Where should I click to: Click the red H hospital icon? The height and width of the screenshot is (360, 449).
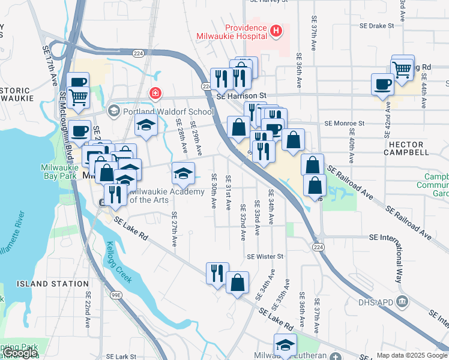point(276,31)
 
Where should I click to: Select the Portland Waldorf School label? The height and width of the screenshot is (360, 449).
point(168,112)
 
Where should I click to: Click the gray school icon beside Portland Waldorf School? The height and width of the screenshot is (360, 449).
point(113,111)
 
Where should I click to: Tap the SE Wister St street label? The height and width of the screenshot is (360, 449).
point(265,256)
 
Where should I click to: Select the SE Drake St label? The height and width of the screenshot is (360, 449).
point(376,26)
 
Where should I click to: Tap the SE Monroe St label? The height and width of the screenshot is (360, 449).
point(344,123)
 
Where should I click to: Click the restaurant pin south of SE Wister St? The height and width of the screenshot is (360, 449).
point(217,272)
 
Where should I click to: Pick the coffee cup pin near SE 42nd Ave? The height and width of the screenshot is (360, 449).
point(382,84)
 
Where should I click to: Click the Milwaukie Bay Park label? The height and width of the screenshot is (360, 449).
point(59,172)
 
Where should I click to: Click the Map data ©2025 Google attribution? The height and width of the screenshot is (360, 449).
point(412,355)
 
